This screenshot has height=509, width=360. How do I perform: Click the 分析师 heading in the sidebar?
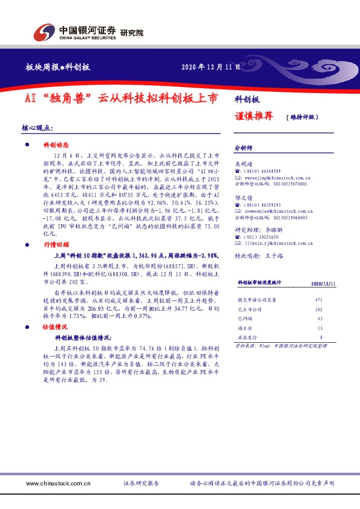point(243,147)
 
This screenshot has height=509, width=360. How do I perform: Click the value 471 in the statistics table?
point(319,300)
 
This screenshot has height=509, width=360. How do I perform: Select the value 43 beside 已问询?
point(319,319)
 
